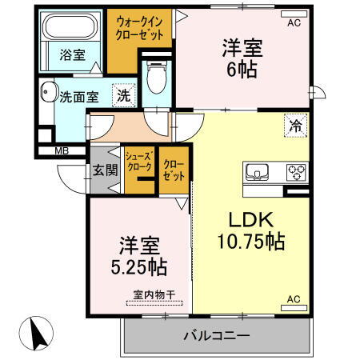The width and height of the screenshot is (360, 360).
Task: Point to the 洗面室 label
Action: point(79,97)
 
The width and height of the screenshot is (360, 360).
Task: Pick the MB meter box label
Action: point(61,150)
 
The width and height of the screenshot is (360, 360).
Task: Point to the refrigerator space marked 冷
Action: point(294,125)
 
